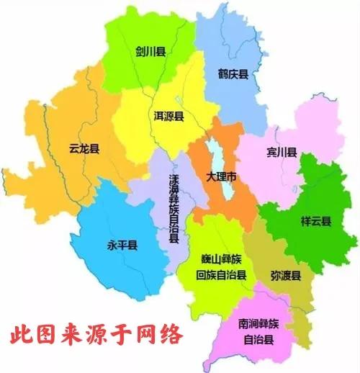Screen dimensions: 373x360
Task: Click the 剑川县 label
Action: tap(150, 52)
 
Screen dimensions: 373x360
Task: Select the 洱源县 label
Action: tap(168, 116)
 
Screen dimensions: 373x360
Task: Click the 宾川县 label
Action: tap(282, 153)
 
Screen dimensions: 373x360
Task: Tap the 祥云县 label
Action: tap(315, 221)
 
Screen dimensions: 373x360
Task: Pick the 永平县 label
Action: tap(122, 246)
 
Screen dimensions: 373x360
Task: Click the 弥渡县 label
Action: tap(286, 276)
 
